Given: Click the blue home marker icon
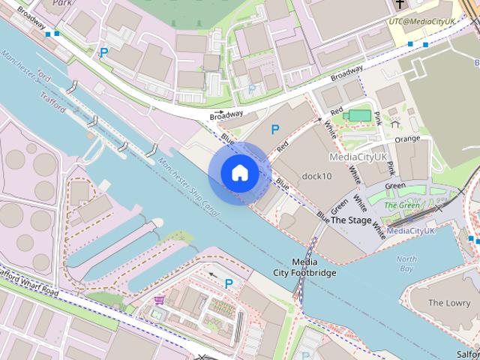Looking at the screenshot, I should pyautogui.click(x=239, y=172).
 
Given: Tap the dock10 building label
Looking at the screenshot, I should pyautogui.click(x=316, y=176).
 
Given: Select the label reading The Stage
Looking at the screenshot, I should pyautogui.click(x=350, y=220).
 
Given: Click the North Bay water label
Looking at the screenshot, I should pyautogui.click(x=406, y=263).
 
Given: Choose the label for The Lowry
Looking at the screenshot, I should pyautogui.click(x=449, y=303).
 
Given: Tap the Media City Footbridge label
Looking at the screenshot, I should pyautogui.click(x=304, y=267).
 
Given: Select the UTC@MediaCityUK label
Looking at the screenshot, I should pyautogui.click(x=421, y=22).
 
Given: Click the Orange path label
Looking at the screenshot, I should pyautogui.click(x=407, y=139).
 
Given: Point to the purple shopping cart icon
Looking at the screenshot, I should pyautogui.click(x=159, y=301).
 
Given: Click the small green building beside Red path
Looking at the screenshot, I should pyautogui.click(x=360, y=115).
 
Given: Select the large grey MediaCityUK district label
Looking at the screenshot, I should pyautogui.click(x=358, y=157).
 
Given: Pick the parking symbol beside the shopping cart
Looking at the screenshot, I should pyautogui.click(x=229, y=283).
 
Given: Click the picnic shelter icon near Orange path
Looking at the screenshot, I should pyautogui.click(x=395, y=120).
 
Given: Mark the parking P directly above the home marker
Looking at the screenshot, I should pyautogui.click(x=275, y=130).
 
